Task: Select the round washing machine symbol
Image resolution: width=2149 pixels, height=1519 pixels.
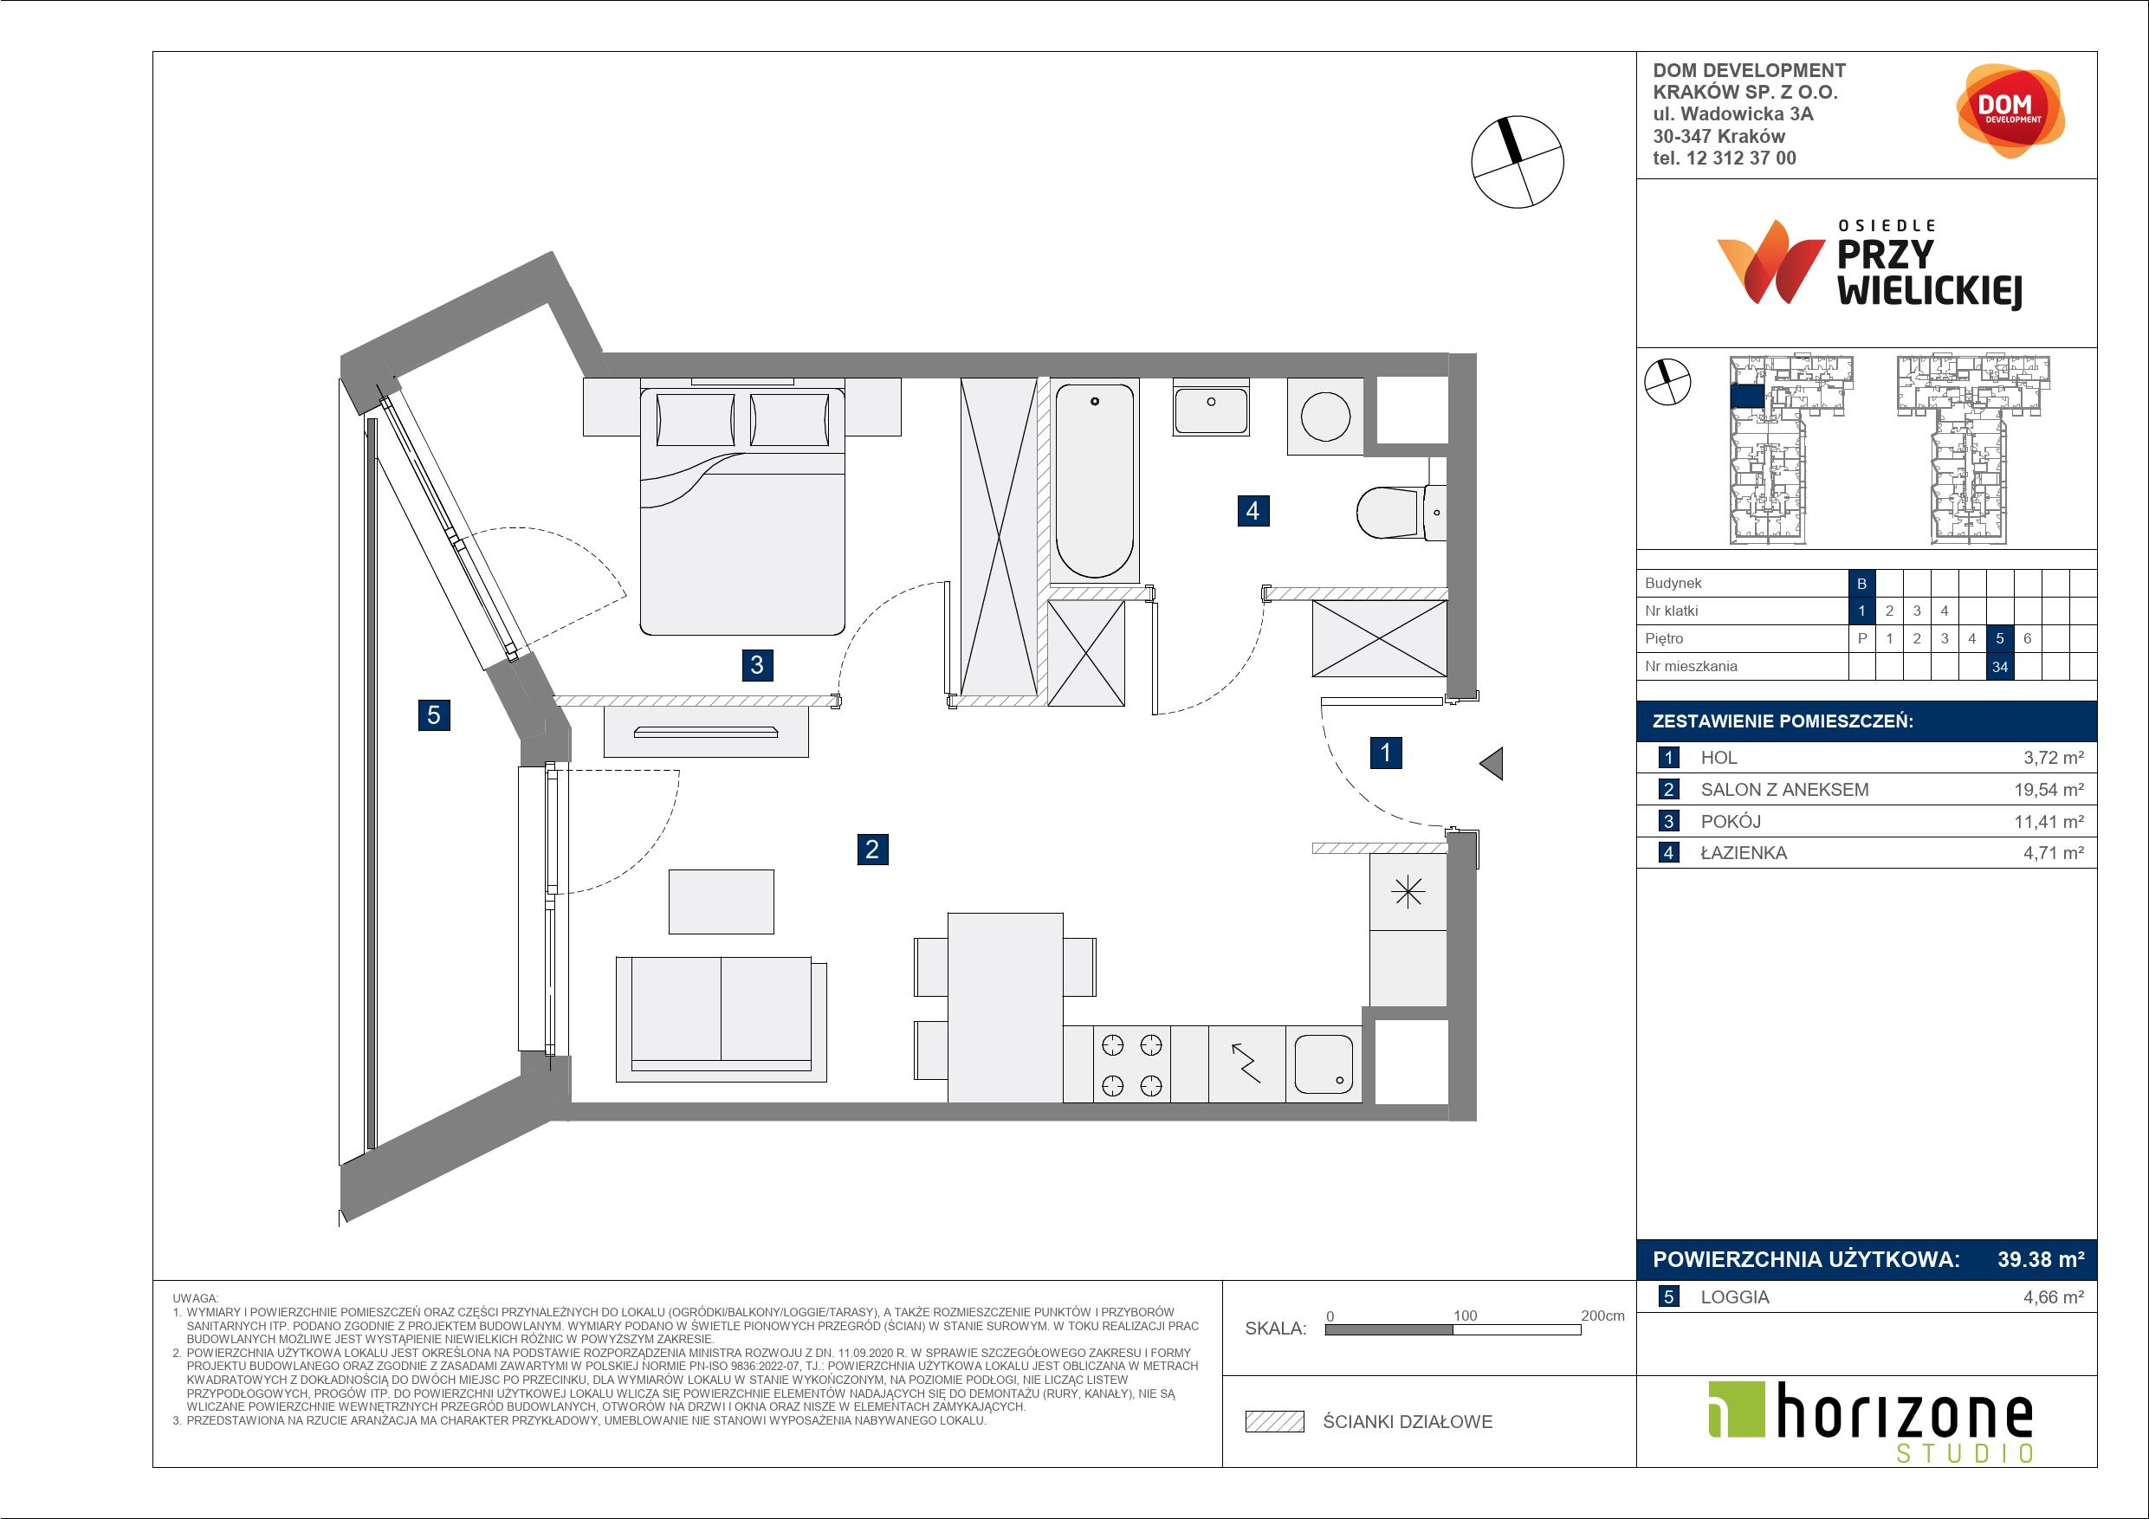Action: (x=1325, y=417)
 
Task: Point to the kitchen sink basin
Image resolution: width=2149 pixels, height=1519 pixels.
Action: (x=1324, y=1064)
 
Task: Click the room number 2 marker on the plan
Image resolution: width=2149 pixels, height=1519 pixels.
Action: (x=872, y=849)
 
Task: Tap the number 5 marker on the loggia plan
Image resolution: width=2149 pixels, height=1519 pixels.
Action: (x=433, y=715)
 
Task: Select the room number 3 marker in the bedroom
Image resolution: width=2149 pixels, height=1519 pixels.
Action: (x=756, y=664)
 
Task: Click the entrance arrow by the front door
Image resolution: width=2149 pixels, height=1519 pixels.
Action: (x=1491, y=764)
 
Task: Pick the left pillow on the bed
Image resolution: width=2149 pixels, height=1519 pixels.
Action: (x=696, y=420)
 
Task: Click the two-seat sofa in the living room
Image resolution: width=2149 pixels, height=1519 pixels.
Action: (x=721, y=1018)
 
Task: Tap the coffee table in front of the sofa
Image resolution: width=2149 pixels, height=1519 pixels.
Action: (x=721, y=902)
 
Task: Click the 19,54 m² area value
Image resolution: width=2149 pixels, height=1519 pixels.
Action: (x=2049, y=789)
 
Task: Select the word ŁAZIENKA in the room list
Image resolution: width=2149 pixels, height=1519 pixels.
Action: (x=1744, y=853)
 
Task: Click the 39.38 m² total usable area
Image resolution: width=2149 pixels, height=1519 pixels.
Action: (x=2041, y=1259)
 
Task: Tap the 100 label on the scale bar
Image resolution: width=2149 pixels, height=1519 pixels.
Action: (x=1465, y=1315)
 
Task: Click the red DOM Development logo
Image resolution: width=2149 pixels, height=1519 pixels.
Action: (x=2010, y=111)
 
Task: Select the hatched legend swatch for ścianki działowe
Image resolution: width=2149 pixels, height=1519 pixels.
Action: (x=1275, y=1422)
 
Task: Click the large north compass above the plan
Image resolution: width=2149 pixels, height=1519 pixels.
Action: (x=1518, y=162)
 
